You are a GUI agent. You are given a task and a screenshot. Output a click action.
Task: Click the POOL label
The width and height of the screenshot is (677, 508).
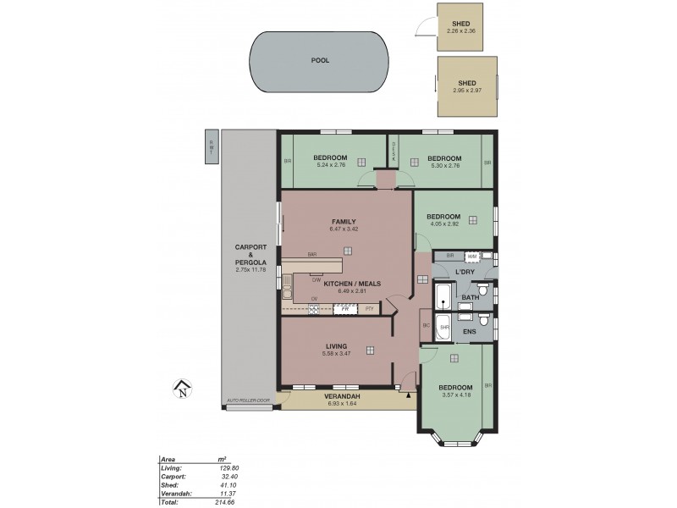coord(319,61)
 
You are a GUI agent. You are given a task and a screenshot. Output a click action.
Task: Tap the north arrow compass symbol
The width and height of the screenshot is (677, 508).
coord(181,389)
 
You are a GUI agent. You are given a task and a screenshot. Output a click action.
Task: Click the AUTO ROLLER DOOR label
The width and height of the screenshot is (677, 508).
coord(247,400)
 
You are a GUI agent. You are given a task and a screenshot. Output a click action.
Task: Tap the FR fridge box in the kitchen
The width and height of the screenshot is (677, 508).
coord(344,309)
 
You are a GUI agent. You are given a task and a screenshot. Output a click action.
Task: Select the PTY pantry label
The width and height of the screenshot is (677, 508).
coord(367,309)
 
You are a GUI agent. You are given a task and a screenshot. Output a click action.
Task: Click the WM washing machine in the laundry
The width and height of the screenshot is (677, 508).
coord(472,256)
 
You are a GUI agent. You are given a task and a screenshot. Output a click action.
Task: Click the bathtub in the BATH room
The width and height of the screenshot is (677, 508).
coord(443,297)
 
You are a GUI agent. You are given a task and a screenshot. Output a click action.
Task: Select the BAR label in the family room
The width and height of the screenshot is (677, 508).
coord(312,254)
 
